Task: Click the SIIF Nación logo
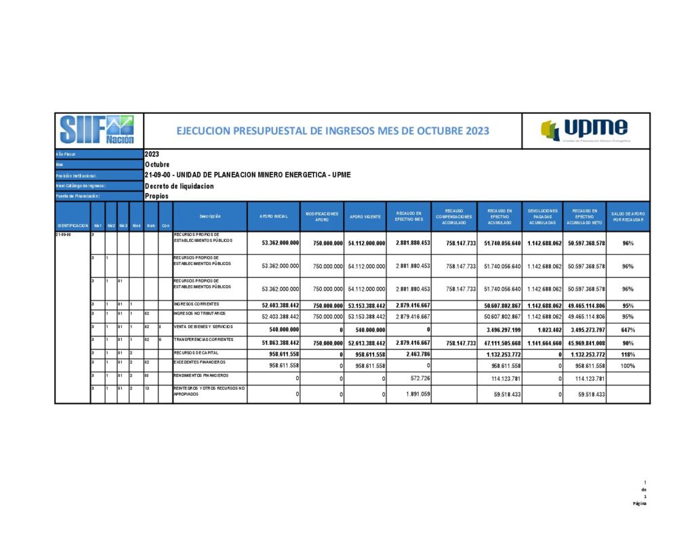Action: (x=97, y=130)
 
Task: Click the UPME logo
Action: (x=585, y=130)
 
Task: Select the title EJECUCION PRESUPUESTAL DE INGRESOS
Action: (x=332, y=131)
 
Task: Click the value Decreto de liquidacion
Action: (x=179, y=186)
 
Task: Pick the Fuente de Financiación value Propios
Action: (x=157, y=196)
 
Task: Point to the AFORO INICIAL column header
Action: (x=274, y=216)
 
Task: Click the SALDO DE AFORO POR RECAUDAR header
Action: (x=628, y=216)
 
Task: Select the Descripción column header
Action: (x=210, y=216)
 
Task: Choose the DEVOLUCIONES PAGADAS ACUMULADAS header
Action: (x=542, y=216)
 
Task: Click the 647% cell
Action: (x=628, y=330)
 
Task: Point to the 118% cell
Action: (x=628, y=354)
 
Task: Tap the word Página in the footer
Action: (x=640, y=503)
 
